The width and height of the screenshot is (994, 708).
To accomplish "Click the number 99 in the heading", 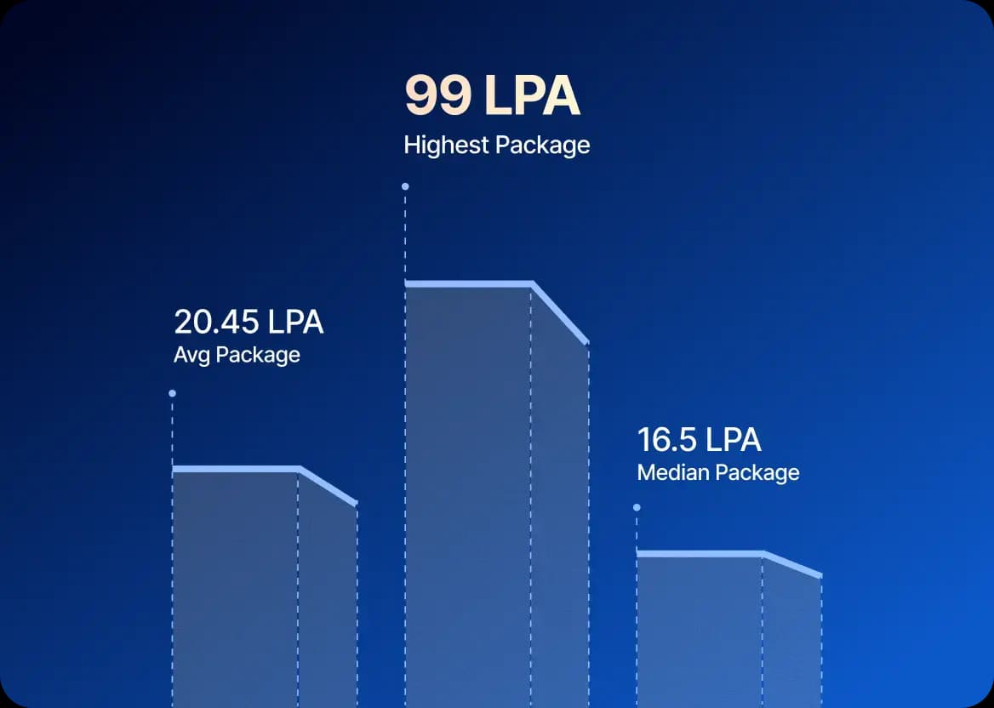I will [437, 96].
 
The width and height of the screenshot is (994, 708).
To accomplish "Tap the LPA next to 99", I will [532, 96].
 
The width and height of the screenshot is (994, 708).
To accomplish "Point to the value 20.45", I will [217, 323].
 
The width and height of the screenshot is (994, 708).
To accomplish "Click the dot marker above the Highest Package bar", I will [405, 186].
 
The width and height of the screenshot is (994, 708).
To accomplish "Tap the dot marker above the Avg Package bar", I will [172, 393].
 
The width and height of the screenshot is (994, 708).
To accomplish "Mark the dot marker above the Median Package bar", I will [637, 507].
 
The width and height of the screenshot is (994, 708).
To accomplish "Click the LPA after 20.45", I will [296, 323].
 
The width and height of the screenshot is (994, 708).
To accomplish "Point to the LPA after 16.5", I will [734, 440].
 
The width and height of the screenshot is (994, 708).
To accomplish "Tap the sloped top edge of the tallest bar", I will [560, 312].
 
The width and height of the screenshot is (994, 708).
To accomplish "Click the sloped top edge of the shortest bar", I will [792, 565].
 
